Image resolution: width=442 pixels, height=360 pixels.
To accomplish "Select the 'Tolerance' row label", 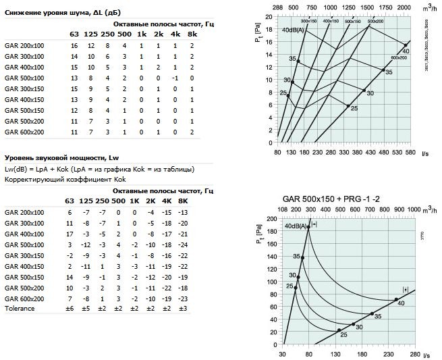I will (x=19, y=309).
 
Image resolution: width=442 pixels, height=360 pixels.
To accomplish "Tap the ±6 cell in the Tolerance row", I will (x=70, y=309).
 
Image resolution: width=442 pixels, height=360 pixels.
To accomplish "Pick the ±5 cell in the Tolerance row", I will (x=86, y=309).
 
